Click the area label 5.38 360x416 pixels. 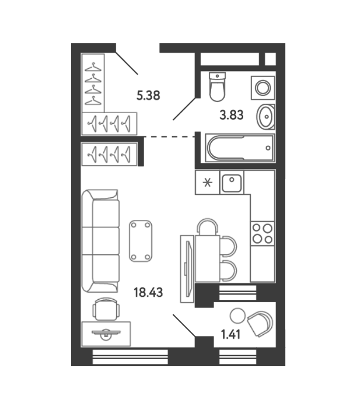(148, 95)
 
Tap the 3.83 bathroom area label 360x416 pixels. (231, 115)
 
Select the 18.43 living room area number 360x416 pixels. (148, 292)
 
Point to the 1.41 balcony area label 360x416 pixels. (231, 335)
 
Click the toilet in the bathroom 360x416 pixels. (217, 87)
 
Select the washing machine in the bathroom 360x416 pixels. (263, 88)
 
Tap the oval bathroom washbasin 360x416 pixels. (266, 117)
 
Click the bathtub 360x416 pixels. (240, 148)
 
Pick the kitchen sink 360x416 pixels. (231, 183)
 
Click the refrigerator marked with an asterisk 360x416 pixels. (208, 183)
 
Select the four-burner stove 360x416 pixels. (262, 233)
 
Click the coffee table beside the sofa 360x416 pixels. (141, 241)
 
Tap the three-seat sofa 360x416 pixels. (100, 241)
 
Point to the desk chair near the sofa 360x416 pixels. (106, 309)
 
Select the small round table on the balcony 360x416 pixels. (237, 315)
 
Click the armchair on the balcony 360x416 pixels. (260, 324)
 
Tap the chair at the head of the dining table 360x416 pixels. (208, 226)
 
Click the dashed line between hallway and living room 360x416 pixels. (170, 137)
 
